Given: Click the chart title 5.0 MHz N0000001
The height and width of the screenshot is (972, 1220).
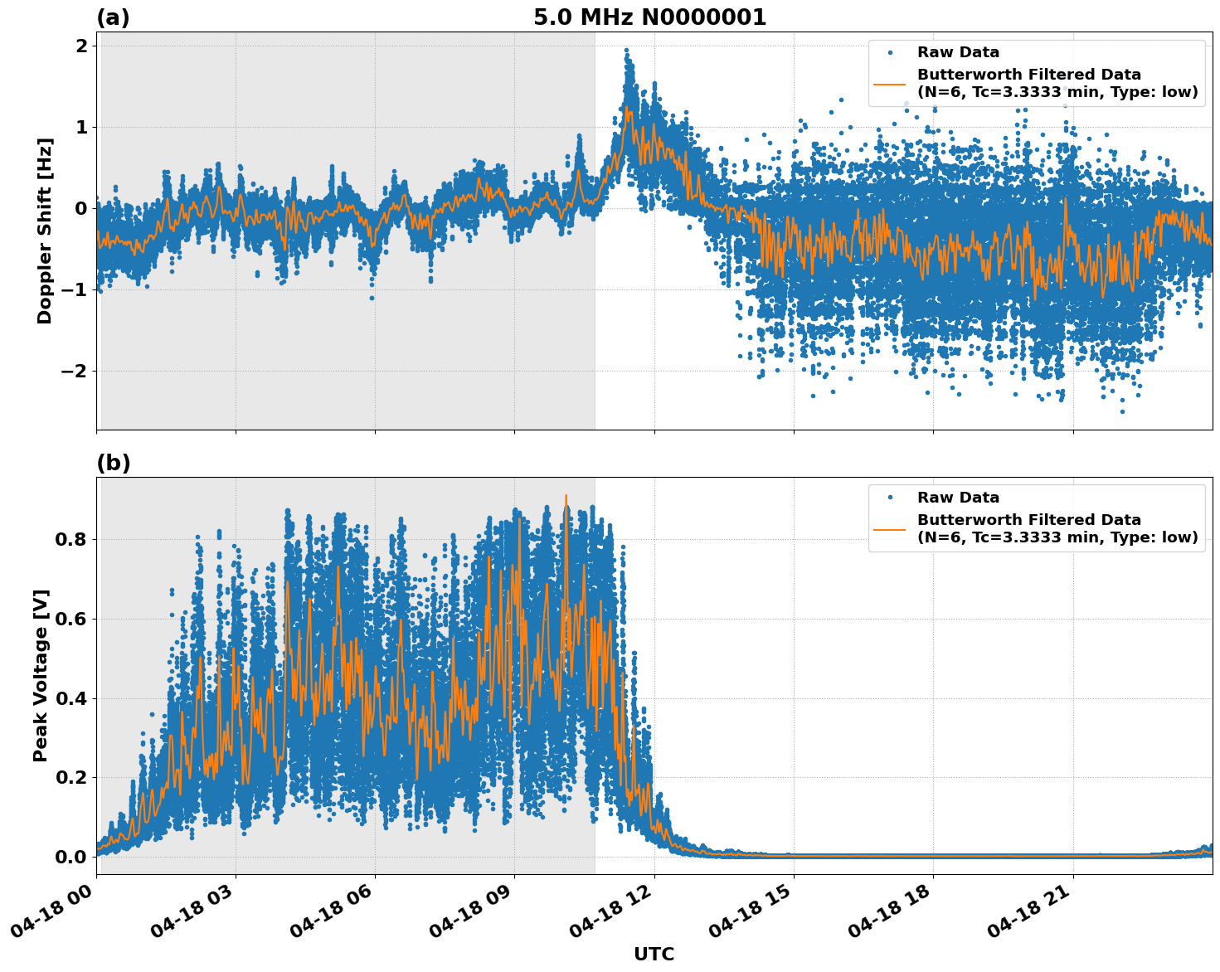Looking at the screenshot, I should pyautogui.click(x=649, y=17).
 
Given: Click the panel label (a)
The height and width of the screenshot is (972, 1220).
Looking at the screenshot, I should pyautogui.click(x=113, y=17).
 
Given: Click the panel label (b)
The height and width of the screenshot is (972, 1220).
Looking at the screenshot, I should pyautogui.click(x=113, y=463).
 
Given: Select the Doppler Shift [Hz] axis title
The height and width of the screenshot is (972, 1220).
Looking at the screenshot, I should pyautogui.click(x=45, y=231).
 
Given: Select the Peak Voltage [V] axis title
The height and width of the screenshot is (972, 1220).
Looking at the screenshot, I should pyautogui.click(x=41, y=675).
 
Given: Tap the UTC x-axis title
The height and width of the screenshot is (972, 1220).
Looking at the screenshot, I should pyautogui.click(x=654, y=954).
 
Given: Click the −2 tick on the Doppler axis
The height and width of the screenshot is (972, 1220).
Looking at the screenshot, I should pyautogui.click(x=73, y=371).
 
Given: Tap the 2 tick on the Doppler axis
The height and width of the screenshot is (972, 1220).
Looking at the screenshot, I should pyautogui.click(x=81, y=46).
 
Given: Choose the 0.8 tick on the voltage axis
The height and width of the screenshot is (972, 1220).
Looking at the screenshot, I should pyautogui.click(x=71, y=539).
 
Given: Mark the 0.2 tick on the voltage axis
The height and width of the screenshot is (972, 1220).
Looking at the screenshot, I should pyautogui.click(x=71, y=778).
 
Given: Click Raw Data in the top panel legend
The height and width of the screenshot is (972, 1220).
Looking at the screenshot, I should pyautogui.click(x=958, y=52).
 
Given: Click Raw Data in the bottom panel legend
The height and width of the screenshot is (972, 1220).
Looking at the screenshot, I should pyautogui.click(x=958, y=498).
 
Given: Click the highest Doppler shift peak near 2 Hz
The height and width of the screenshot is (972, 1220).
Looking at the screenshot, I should pyautogui.click(x=626, y=51).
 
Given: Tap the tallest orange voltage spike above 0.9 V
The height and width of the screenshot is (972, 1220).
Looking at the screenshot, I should pyautogui.click(x=566, y=496).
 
